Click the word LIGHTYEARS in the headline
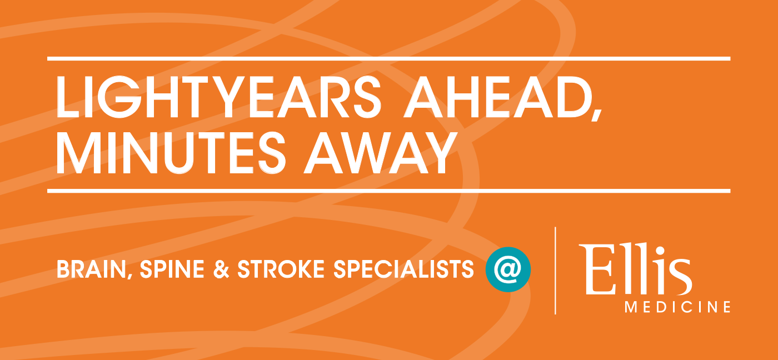[x=218, y=97]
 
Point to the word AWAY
[x=380, y=153]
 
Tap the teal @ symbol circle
[x=508, y=269]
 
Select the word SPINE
[x=172, y=269]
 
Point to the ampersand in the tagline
[x=221, y=269]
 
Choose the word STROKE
[x=281, y=269]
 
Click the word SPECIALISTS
[x=403, y=269]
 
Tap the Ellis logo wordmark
[x=635, y=269]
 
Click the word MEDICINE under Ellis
[x=677, y=307]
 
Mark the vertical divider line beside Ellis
[x=555, y=271]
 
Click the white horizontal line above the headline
[x=388, y=59]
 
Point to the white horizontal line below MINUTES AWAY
[x=388, y=191]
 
